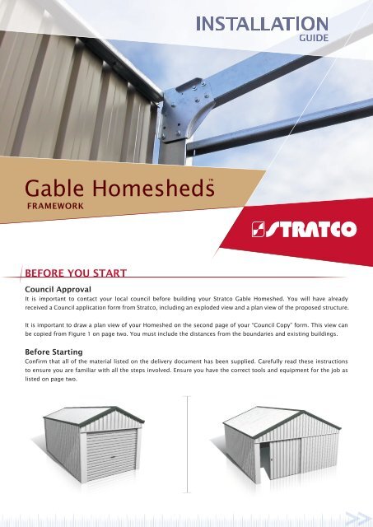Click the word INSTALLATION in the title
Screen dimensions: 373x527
[x=262, y=24]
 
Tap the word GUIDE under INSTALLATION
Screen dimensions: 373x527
[x=314, y=38]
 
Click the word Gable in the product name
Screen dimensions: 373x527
[x=54, y=188]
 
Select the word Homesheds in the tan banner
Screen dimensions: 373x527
[x=153, y=188]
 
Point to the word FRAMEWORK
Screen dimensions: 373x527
[x=55, y=206]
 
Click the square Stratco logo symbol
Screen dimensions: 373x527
[x=258, y=229]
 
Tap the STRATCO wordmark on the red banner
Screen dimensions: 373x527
[x=311, y=229]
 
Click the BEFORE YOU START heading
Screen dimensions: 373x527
[x=76, y=273]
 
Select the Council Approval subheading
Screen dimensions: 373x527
[x=58, y=289]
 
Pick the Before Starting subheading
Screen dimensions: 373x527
[x=54, y=352]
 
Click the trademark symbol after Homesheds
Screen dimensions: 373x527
[x=211, y=180]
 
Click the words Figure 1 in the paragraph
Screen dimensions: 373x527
[x=78, y=333]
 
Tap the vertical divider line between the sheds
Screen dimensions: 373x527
[x=188, y=445]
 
